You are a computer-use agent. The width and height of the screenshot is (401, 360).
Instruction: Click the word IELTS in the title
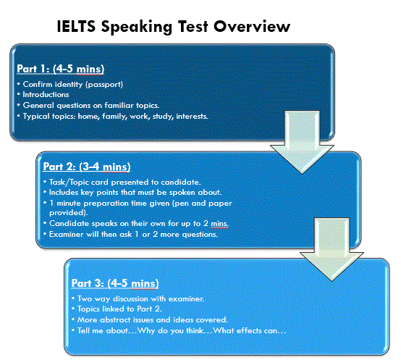point(76,26)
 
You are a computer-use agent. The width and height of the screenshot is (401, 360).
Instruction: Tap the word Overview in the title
point(252,26)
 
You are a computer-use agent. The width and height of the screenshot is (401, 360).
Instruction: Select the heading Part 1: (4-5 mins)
point(61,69)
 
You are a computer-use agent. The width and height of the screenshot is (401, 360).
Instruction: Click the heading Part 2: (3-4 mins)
point(87,167)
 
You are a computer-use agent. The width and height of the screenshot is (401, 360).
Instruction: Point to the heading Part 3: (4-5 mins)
point(115,283)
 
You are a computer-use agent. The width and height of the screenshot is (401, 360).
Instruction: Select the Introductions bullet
point(46,95)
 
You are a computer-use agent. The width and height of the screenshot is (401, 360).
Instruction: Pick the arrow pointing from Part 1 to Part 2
point(302,142)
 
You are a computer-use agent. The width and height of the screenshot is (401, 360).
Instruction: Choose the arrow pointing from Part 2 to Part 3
point(332,249)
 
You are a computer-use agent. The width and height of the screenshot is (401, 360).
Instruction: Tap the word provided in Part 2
point(67,213)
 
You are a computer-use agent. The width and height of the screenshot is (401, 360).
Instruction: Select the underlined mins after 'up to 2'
point(219,224)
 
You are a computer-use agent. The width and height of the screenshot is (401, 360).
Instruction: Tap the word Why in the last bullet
point(146,331)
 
